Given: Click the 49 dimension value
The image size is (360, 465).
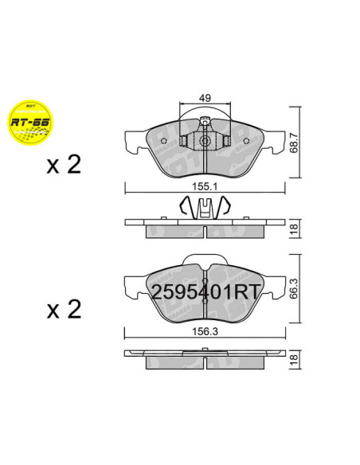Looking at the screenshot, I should coord(205,97).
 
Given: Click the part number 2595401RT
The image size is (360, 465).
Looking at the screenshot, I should coord(205,291).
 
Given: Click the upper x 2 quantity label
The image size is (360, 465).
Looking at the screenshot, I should coord(65,165).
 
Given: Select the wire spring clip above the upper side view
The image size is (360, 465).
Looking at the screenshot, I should coord(205,209).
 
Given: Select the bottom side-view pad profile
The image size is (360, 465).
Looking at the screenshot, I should coord(205,363).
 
